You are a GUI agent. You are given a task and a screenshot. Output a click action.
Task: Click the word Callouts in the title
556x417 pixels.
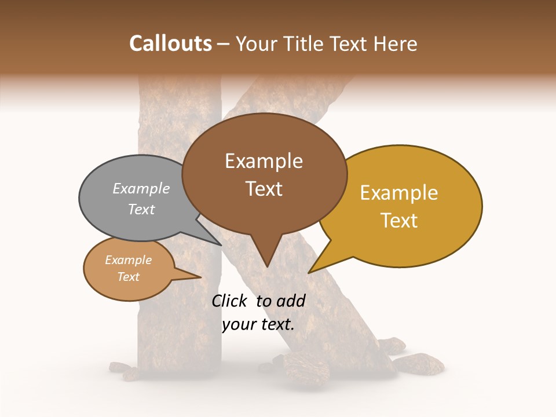170,43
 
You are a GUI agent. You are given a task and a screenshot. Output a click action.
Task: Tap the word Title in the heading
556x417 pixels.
303,43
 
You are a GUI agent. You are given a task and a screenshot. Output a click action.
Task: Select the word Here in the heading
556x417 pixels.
394,43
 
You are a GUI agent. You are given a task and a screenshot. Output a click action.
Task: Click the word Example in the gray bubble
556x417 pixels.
141,189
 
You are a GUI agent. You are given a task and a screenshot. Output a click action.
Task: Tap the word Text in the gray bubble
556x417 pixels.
141,209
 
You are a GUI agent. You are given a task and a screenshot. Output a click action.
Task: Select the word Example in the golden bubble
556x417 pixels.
399,193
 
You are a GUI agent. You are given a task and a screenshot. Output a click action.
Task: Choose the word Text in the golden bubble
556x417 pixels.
399,221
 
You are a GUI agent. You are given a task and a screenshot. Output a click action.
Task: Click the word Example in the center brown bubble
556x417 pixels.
264,161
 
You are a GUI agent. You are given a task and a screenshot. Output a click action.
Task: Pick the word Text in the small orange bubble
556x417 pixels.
129,277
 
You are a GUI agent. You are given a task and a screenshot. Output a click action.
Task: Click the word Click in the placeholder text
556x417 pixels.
229,301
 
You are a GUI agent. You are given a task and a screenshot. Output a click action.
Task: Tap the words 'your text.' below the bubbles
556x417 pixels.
258,324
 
